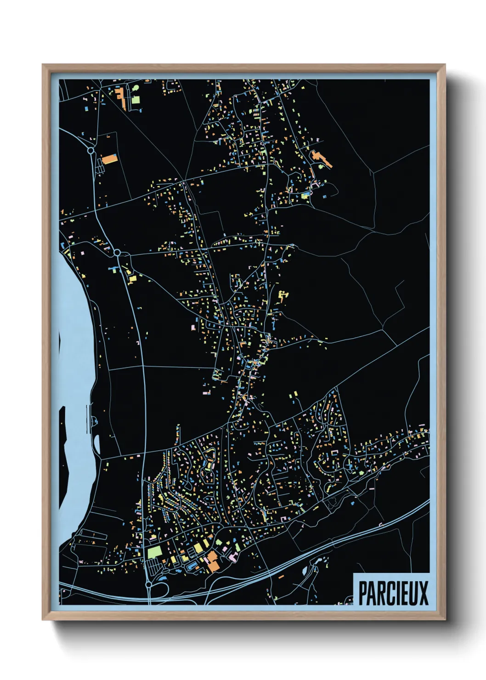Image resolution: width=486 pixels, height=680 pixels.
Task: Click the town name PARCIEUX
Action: point(393,593)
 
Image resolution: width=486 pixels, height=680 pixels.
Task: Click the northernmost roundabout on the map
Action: point(91,150)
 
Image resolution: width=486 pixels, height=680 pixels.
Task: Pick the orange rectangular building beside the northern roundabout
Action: point(109,159)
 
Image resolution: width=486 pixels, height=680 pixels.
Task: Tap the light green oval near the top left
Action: point(136,88)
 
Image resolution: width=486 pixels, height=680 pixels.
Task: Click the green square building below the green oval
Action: point(136,99)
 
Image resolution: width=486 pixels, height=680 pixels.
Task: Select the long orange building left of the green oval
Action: point(122,99)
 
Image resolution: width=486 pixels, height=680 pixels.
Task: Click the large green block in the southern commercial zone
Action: point(154,551)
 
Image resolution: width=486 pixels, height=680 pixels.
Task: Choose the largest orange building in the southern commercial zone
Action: point(212,561)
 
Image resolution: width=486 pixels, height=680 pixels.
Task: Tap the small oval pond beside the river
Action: point(97,443)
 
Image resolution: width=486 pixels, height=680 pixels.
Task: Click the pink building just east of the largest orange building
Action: point(232,557)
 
